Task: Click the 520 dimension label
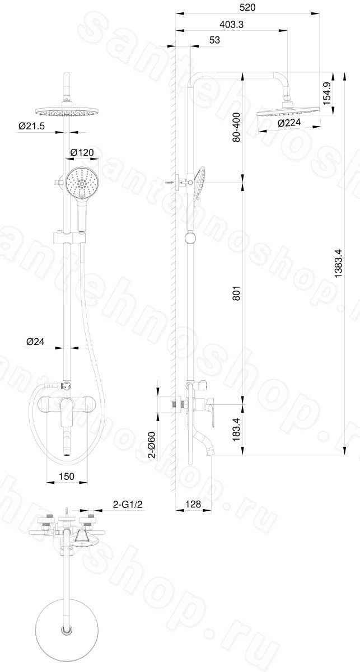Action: click(247, 7)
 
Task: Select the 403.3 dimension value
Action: click(231, 25)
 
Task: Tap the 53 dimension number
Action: click(215, 40)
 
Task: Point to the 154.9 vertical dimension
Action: click(327, 94)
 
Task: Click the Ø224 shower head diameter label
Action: click(289, 123)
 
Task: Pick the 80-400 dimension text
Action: click(236, 127)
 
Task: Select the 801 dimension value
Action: click(236, 292)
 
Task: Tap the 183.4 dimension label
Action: click(236, 430)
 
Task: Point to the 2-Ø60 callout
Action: click(152, 445)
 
